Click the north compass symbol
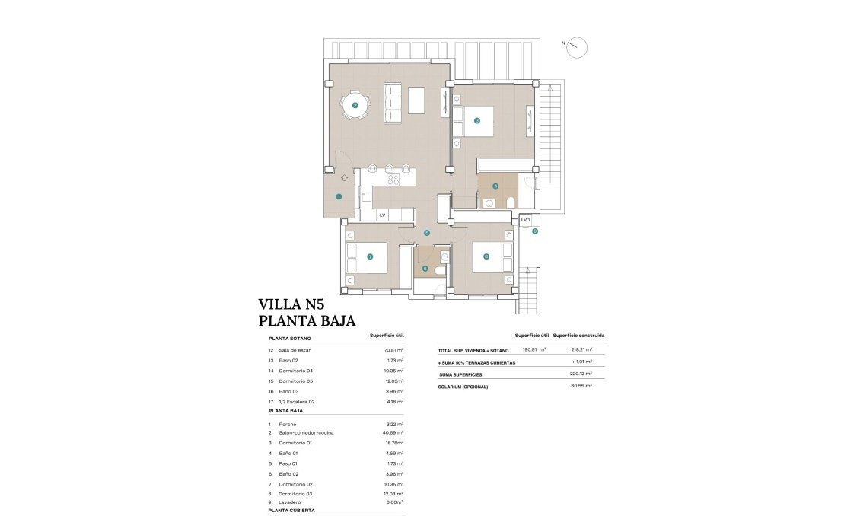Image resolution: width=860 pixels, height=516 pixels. click(578, 47)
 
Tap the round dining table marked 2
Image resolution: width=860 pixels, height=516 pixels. click(355, 105)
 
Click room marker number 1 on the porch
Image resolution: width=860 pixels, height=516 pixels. click(339, 196)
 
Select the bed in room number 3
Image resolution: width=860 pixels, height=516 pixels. click(473, 120)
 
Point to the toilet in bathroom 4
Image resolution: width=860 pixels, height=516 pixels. click(510, 202)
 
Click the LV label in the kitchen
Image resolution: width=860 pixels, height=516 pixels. click(382, 215)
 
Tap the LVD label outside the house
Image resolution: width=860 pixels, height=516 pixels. click(525, 220)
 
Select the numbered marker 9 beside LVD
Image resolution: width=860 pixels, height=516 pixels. click(535, 231)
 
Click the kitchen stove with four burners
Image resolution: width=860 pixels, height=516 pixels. click(393, 180)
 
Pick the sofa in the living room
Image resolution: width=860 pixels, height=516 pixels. click(392, 103)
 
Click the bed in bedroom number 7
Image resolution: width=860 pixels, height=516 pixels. click(368, 257)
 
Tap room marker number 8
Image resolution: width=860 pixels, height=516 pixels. click(486, 256)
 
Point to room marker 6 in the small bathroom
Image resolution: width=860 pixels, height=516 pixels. click(425, 268)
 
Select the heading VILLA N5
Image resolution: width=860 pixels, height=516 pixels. click(302, 306)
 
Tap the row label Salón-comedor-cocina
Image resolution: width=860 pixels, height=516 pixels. click(295, 433)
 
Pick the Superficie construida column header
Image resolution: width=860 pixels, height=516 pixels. click(578, 335)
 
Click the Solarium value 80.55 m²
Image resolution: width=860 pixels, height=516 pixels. click(581, 386)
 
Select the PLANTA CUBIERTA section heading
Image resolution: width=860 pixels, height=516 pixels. click(291, 511)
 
